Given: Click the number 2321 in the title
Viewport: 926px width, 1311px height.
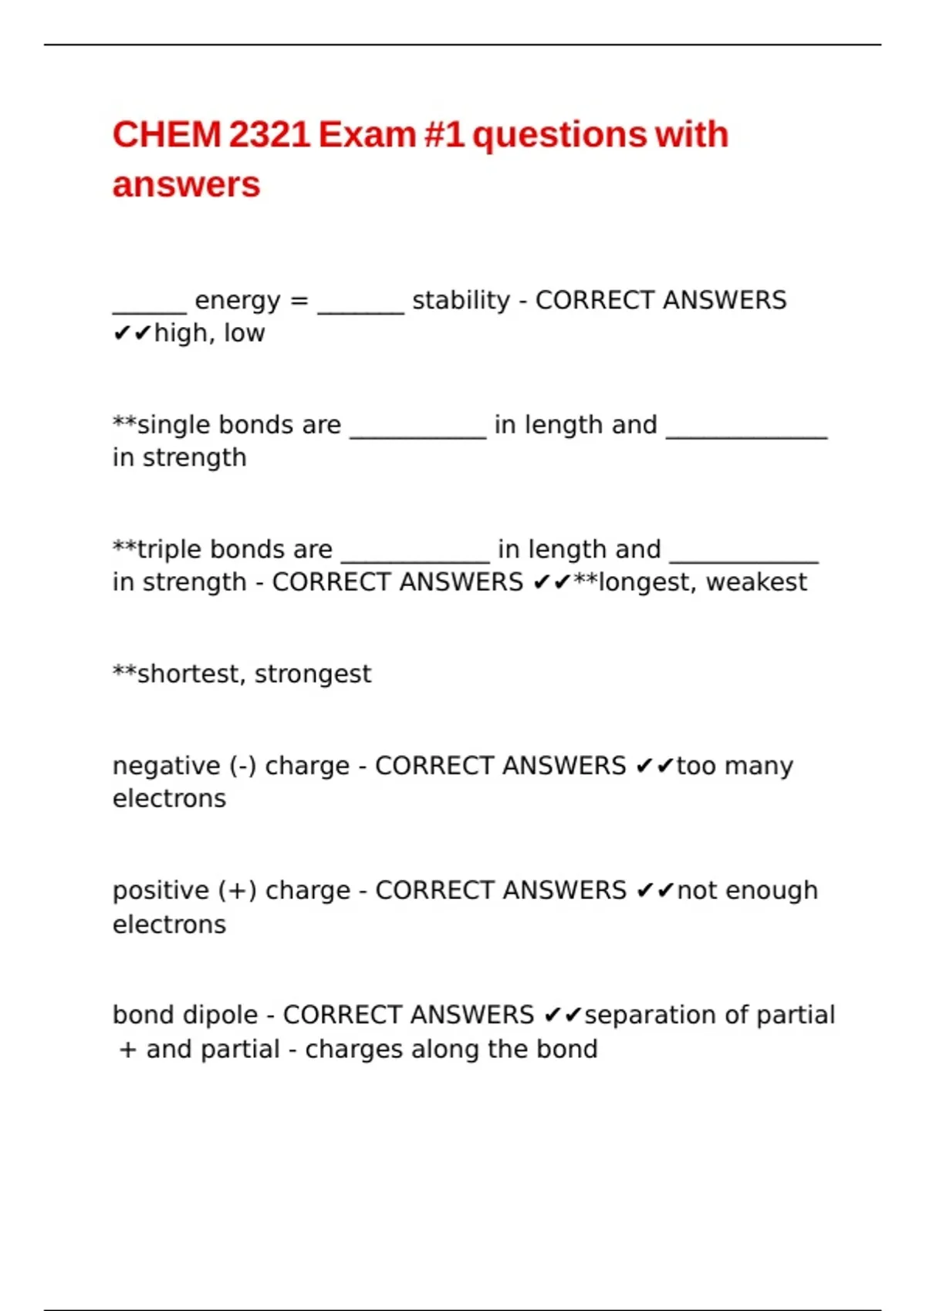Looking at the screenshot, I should [269, 135].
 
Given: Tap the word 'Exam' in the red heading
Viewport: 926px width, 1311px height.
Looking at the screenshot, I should [367, 135].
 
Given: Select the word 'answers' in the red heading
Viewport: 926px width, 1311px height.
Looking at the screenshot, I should [187, 185].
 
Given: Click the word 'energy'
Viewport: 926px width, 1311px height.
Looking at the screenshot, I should [238, 301].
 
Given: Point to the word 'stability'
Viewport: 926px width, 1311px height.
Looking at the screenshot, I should [461, 300].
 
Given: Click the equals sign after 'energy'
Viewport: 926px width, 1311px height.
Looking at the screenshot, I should [299, 301].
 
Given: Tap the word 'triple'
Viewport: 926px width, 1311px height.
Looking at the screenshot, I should [170, 549].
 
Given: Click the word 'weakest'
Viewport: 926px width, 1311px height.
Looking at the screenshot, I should [756, 582].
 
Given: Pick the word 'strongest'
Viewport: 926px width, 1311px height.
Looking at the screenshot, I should [313, 675].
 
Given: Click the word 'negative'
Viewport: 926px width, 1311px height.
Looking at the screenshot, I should [167, 766].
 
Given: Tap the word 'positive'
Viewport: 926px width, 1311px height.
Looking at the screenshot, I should [162, 891].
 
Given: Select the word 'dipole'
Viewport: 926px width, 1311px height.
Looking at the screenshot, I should [225, 1016].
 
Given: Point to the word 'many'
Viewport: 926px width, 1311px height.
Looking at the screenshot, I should [759, 767].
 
